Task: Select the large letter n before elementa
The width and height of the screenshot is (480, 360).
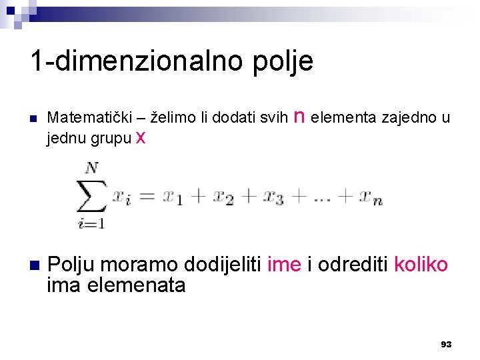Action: point(299,117)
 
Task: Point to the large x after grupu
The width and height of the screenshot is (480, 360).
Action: point(140,137)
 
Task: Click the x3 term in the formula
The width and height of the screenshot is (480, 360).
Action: point(272,197)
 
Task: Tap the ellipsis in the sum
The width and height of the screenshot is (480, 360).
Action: point(323,197)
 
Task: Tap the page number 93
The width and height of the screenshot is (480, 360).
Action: point(446,344)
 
